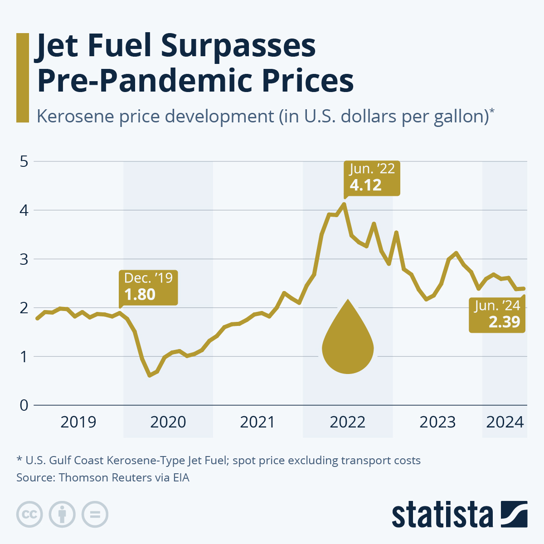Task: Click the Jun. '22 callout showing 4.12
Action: click(x=372, y=178)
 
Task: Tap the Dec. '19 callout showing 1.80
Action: click(x=148, y=287)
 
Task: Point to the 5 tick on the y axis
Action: click(x=24, y=161)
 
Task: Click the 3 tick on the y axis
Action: click(x=24, y=259)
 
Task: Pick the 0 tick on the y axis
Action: click(x=24, y=405)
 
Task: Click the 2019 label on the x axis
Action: click(x=78, y=422)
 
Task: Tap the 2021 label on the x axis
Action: click(x=257, y=422)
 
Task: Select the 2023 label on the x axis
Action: click(x=437, y=422)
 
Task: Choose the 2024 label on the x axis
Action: click(x=505, y=422)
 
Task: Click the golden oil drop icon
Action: click(x=348, y=340)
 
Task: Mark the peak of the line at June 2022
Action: click(x=344, y=204)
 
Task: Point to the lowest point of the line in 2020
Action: click(x=150, y=375)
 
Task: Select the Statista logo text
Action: click(x=442, y=515)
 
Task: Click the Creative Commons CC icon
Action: click(x=29, y=515)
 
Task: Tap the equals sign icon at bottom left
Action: click(x=95, y=515)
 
